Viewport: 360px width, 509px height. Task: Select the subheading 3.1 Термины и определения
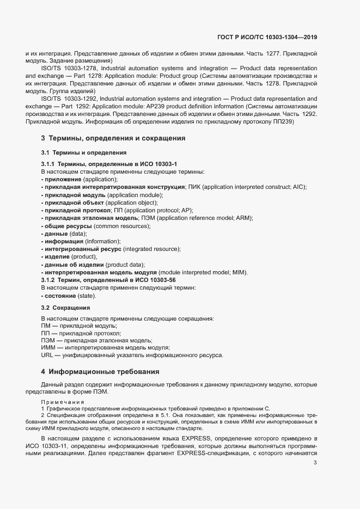pos(84,153)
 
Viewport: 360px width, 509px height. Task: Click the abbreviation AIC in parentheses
pos(298,187)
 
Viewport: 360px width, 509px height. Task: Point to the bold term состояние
pos(60,295)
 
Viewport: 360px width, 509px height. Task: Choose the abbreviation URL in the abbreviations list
pos(47,355)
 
